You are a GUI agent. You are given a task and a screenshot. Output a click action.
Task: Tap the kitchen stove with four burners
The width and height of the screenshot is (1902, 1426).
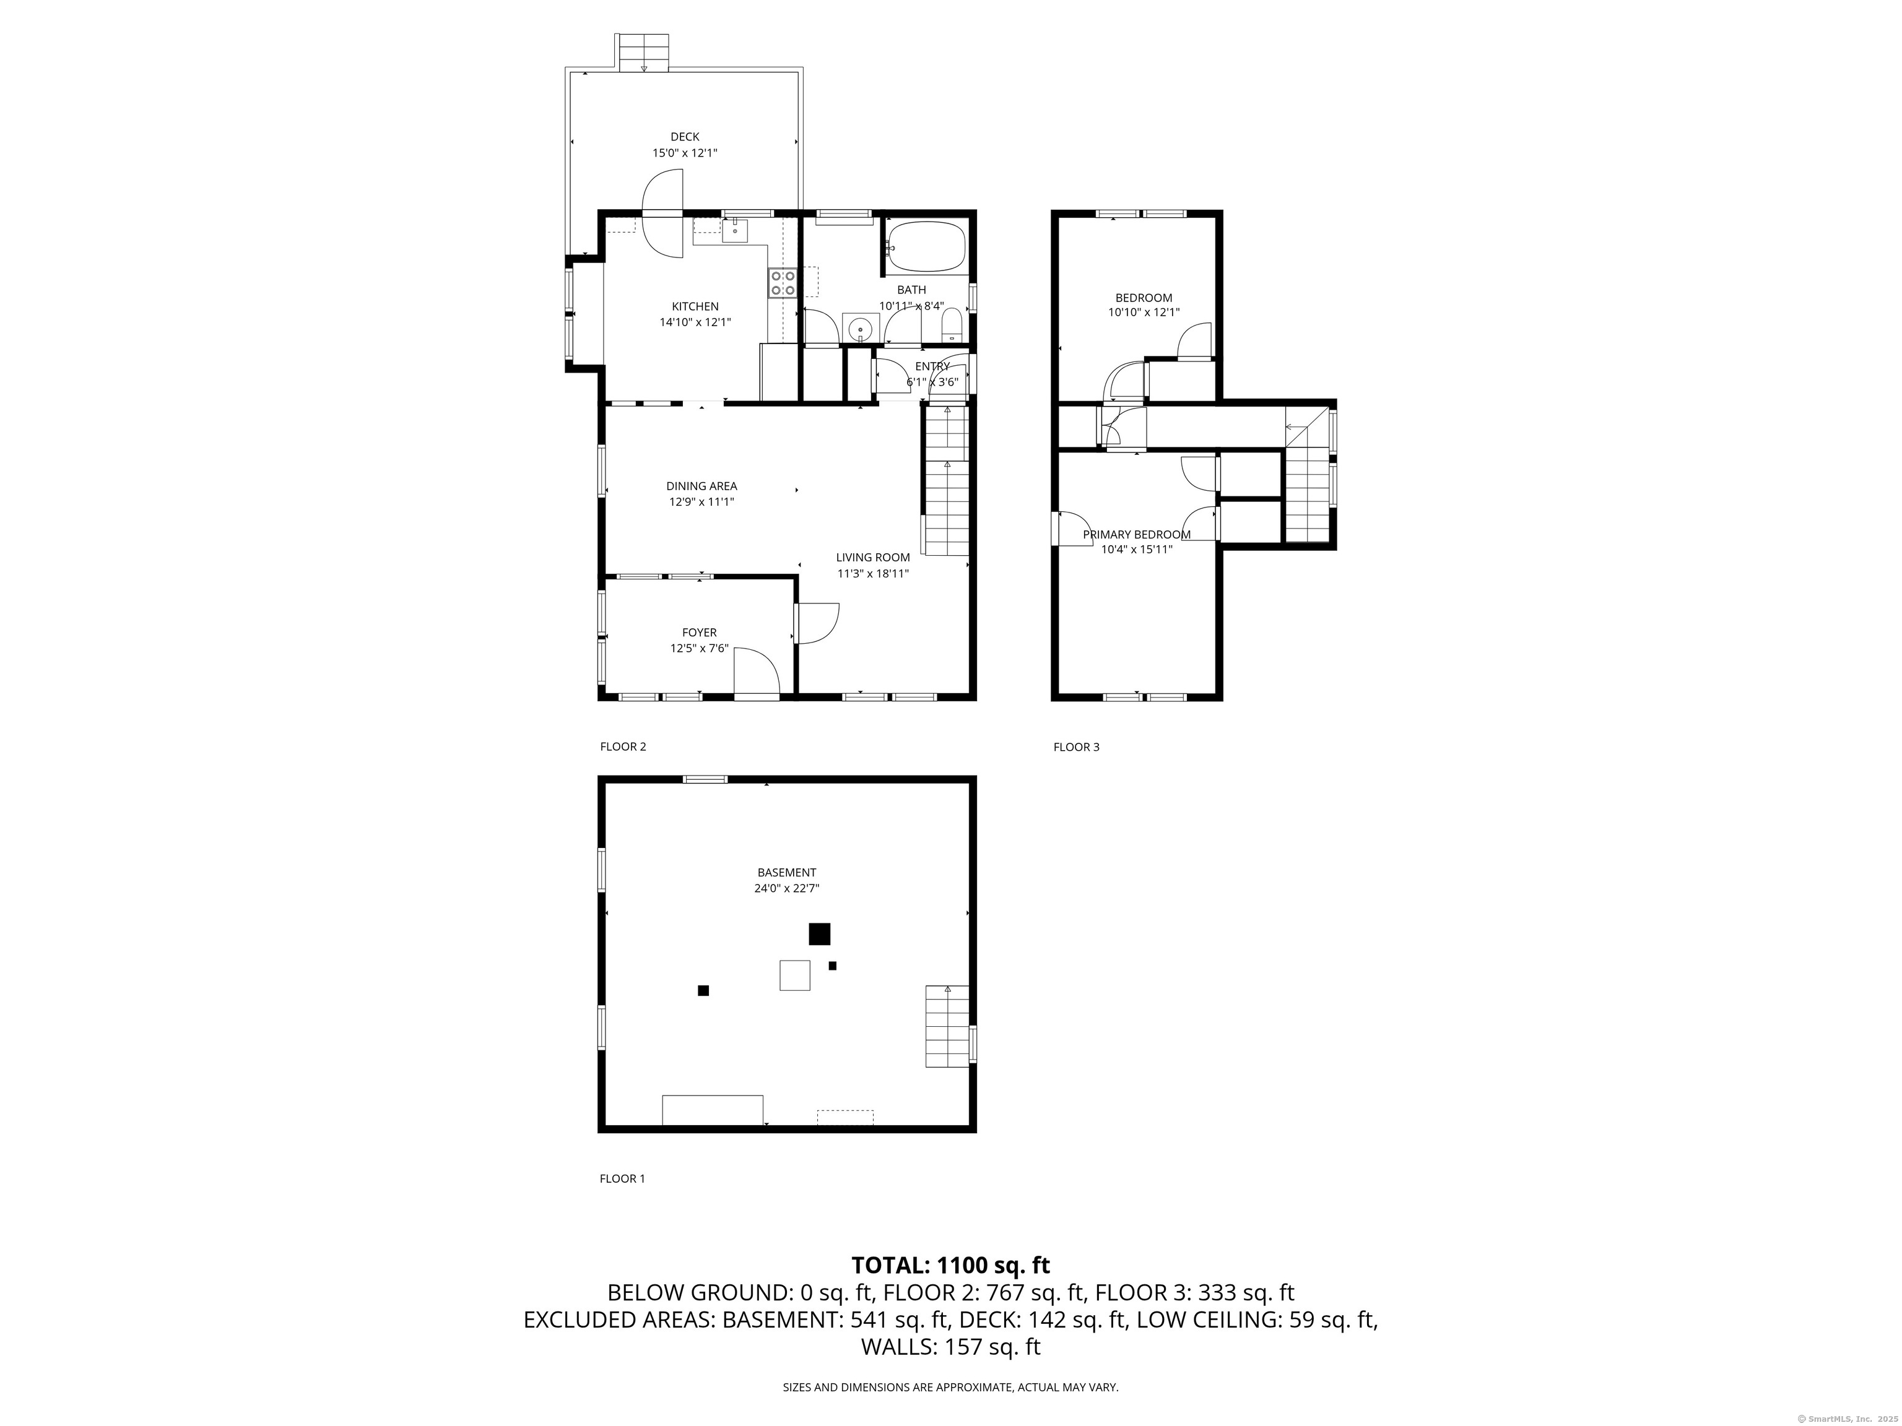point(783,283)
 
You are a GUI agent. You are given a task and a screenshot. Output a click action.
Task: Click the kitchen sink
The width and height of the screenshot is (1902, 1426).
point(735,230)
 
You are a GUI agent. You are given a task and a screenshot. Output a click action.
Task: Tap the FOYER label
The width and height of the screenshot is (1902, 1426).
point(699,633)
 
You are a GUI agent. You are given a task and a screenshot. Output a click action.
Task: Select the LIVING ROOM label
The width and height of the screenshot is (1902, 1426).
point(874,557)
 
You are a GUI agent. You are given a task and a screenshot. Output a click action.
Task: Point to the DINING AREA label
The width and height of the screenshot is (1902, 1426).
point(701,486)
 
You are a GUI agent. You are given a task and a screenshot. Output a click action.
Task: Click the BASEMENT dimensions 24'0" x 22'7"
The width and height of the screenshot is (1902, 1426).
point(787,889)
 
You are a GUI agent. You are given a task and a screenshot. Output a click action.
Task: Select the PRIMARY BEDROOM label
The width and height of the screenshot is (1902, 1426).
point(1137,535)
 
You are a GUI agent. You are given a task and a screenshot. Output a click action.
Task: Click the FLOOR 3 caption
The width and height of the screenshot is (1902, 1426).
point(1077,747)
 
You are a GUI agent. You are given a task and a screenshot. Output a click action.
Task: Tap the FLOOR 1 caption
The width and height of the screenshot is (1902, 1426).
point(622,1178)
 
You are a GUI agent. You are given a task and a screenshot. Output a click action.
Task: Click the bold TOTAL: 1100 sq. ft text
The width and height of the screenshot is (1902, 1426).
point(950,1265)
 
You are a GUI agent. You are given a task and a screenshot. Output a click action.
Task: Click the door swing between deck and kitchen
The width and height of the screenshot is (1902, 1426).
point(663,213)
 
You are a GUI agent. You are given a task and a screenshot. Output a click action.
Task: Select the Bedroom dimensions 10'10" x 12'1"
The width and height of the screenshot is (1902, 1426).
point(1144,313)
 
